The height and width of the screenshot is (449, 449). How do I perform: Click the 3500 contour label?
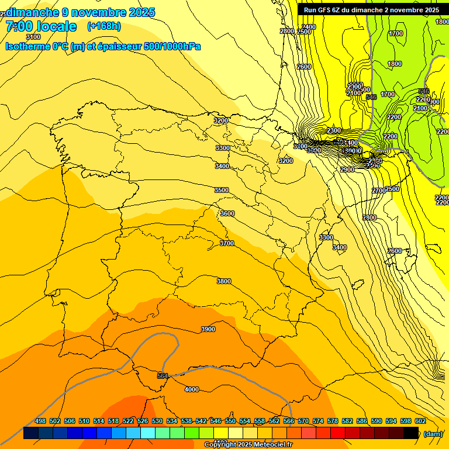point(222,190)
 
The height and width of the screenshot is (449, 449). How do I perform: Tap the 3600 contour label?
point(227,213)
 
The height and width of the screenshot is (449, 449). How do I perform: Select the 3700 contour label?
point(227,243)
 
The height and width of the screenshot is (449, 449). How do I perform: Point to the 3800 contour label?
point(224,281)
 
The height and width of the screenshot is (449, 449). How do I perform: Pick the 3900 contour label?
point(208,329)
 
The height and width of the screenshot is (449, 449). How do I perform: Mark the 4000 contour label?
point(192,389)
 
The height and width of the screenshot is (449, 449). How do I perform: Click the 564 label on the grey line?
point(163,375)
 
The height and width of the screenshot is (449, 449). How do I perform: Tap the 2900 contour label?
point(347,170)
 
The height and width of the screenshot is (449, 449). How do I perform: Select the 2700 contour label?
point(379,191)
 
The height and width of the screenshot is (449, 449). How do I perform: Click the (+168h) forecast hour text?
point(103,26)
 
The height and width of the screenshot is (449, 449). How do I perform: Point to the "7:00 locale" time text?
point(41,26)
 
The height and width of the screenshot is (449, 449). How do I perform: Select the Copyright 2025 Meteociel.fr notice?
point(248,445)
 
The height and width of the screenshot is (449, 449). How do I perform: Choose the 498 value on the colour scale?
point(40,421)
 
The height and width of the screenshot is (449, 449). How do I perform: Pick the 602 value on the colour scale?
point(420,421)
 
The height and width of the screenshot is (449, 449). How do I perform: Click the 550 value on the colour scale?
point(230,421)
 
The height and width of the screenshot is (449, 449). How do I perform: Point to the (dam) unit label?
point(433,433)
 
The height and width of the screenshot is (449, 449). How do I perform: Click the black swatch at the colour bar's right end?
point(411,433)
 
